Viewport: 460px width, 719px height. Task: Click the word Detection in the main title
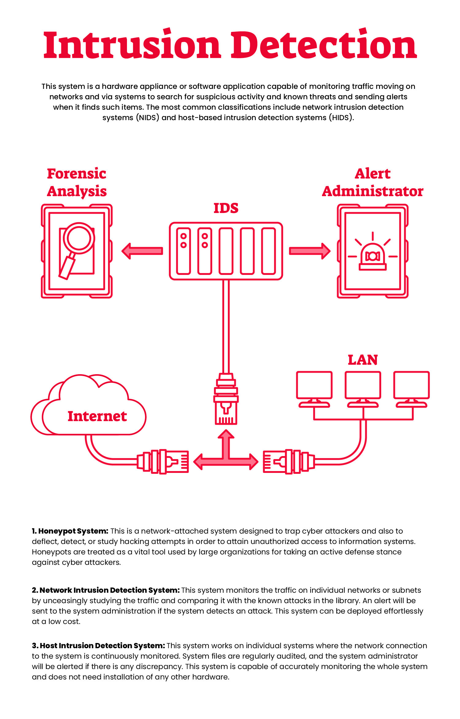click(x=324, y=45)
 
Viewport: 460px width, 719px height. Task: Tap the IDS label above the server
click(x=226, y=208)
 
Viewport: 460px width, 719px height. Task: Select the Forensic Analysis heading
click(x=77, y=183)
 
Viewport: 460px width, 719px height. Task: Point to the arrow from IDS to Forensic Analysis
click(x=142, y=251)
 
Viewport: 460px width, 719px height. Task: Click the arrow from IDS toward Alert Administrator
click(x=310, y=251)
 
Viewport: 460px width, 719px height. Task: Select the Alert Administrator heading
click(x=373, y=183)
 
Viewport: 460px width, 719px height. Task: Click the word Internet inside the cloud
click(x=97, y=416)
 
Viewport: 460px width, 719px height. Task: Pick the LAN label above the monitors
click(x=363, y=360)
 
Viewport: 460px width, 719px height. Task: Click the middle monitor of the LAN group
click(x=363, y=389)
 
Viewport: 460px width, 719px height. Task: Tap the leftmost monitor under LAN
click(x=314, y=389)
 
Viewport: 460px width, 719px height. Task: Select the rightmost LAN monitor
click(x=412, y=389)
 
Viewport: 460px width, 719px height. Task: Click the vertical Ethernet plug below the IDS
click(x=226, y=399)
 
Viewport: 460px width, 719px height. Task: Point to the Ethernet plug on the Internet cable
click(x=163, y=462)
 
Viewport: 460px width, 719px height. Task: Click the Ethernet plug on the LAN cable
click(x=289, y=462)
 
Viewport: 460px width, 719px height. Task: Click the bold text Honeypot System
click(x=73, y=531)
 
